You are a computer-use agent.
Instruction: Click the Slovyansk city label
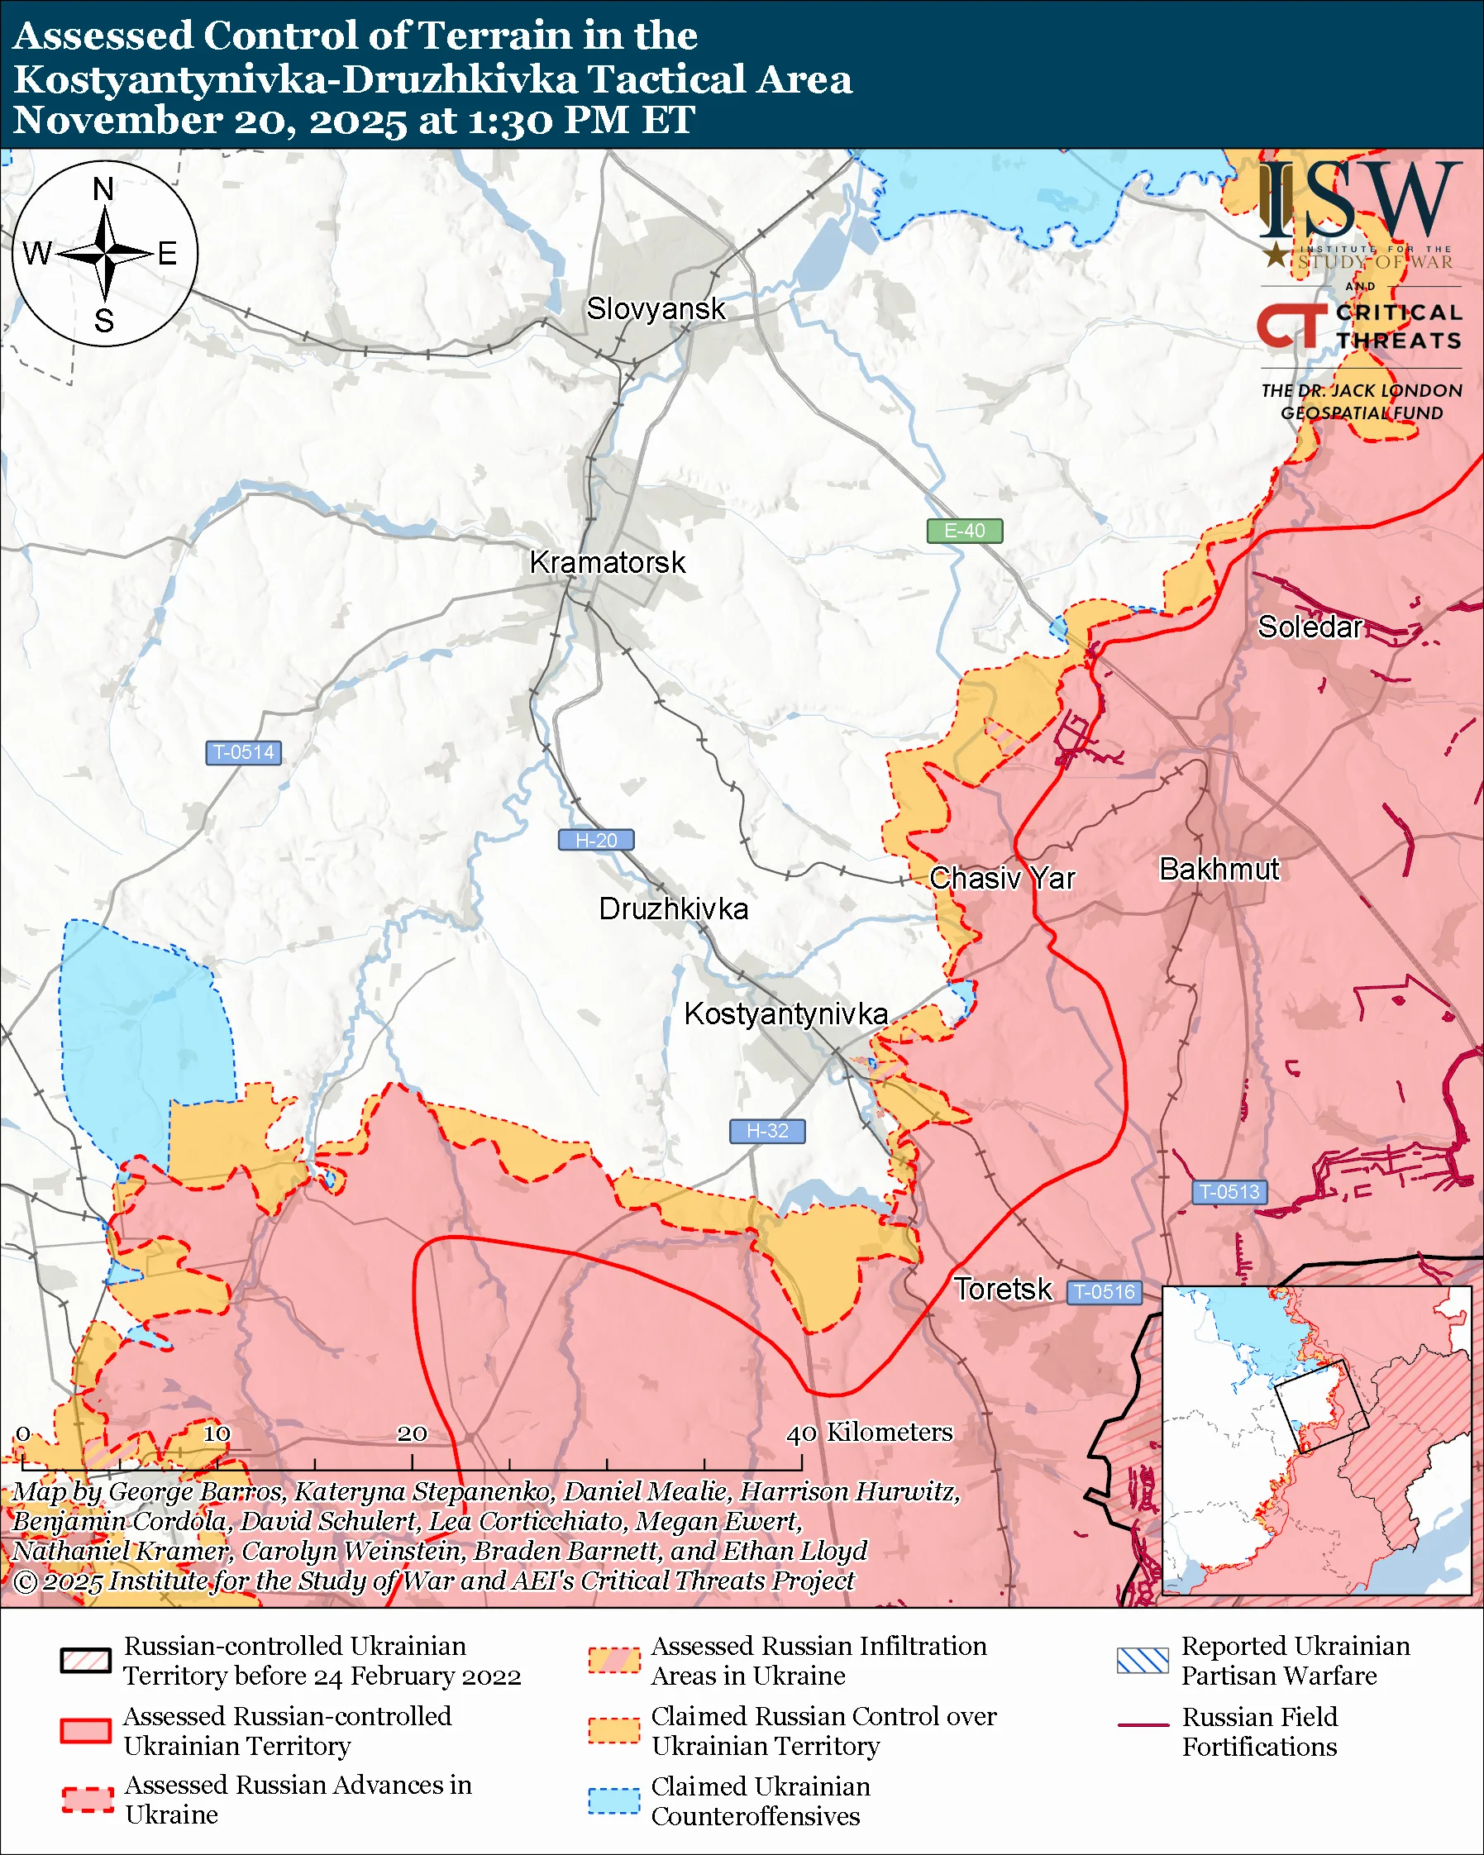point(656,309)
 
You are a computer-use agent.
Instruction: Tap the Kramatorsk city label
point(608,563)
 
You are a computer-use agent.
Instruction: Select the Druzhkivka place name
point(673,909)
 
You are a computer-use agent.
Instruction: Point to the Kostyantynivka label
point(785,1014)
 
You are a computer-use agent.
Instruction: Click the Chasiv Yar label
point(1001,879)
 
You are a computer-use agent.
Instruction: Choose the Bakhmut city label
point(1219,870)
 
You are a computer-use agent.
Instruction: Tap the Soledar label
point(1310,627)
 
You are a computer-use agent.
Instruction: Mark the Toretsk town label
point(1002,1290)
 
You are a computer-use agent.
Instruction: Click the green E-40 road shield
point(964,531)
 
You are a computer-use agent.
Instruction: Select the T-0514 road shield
point(243,753)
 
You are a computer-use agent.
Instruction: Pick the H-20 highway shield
point(596,841)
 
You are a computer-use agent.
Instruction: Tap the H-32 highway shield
point(767,1132)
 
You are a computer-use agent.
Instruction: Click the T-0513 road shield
point(1229,1193)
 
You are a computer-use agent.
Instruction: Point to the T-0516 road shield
point(1105,1292)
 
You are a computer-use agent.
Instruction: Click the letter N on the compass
point(103,189)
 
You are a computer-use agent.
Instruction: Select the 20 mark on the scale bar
point(412,1433)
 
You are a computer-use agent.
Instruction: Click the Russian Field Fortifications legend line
point(1143,1725)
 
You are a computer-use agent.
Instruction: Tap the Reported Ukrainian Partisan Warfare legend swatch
point(1143,1660)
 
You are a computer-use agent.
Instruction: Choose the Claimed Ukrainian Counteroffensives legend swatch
point(614,1800)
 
